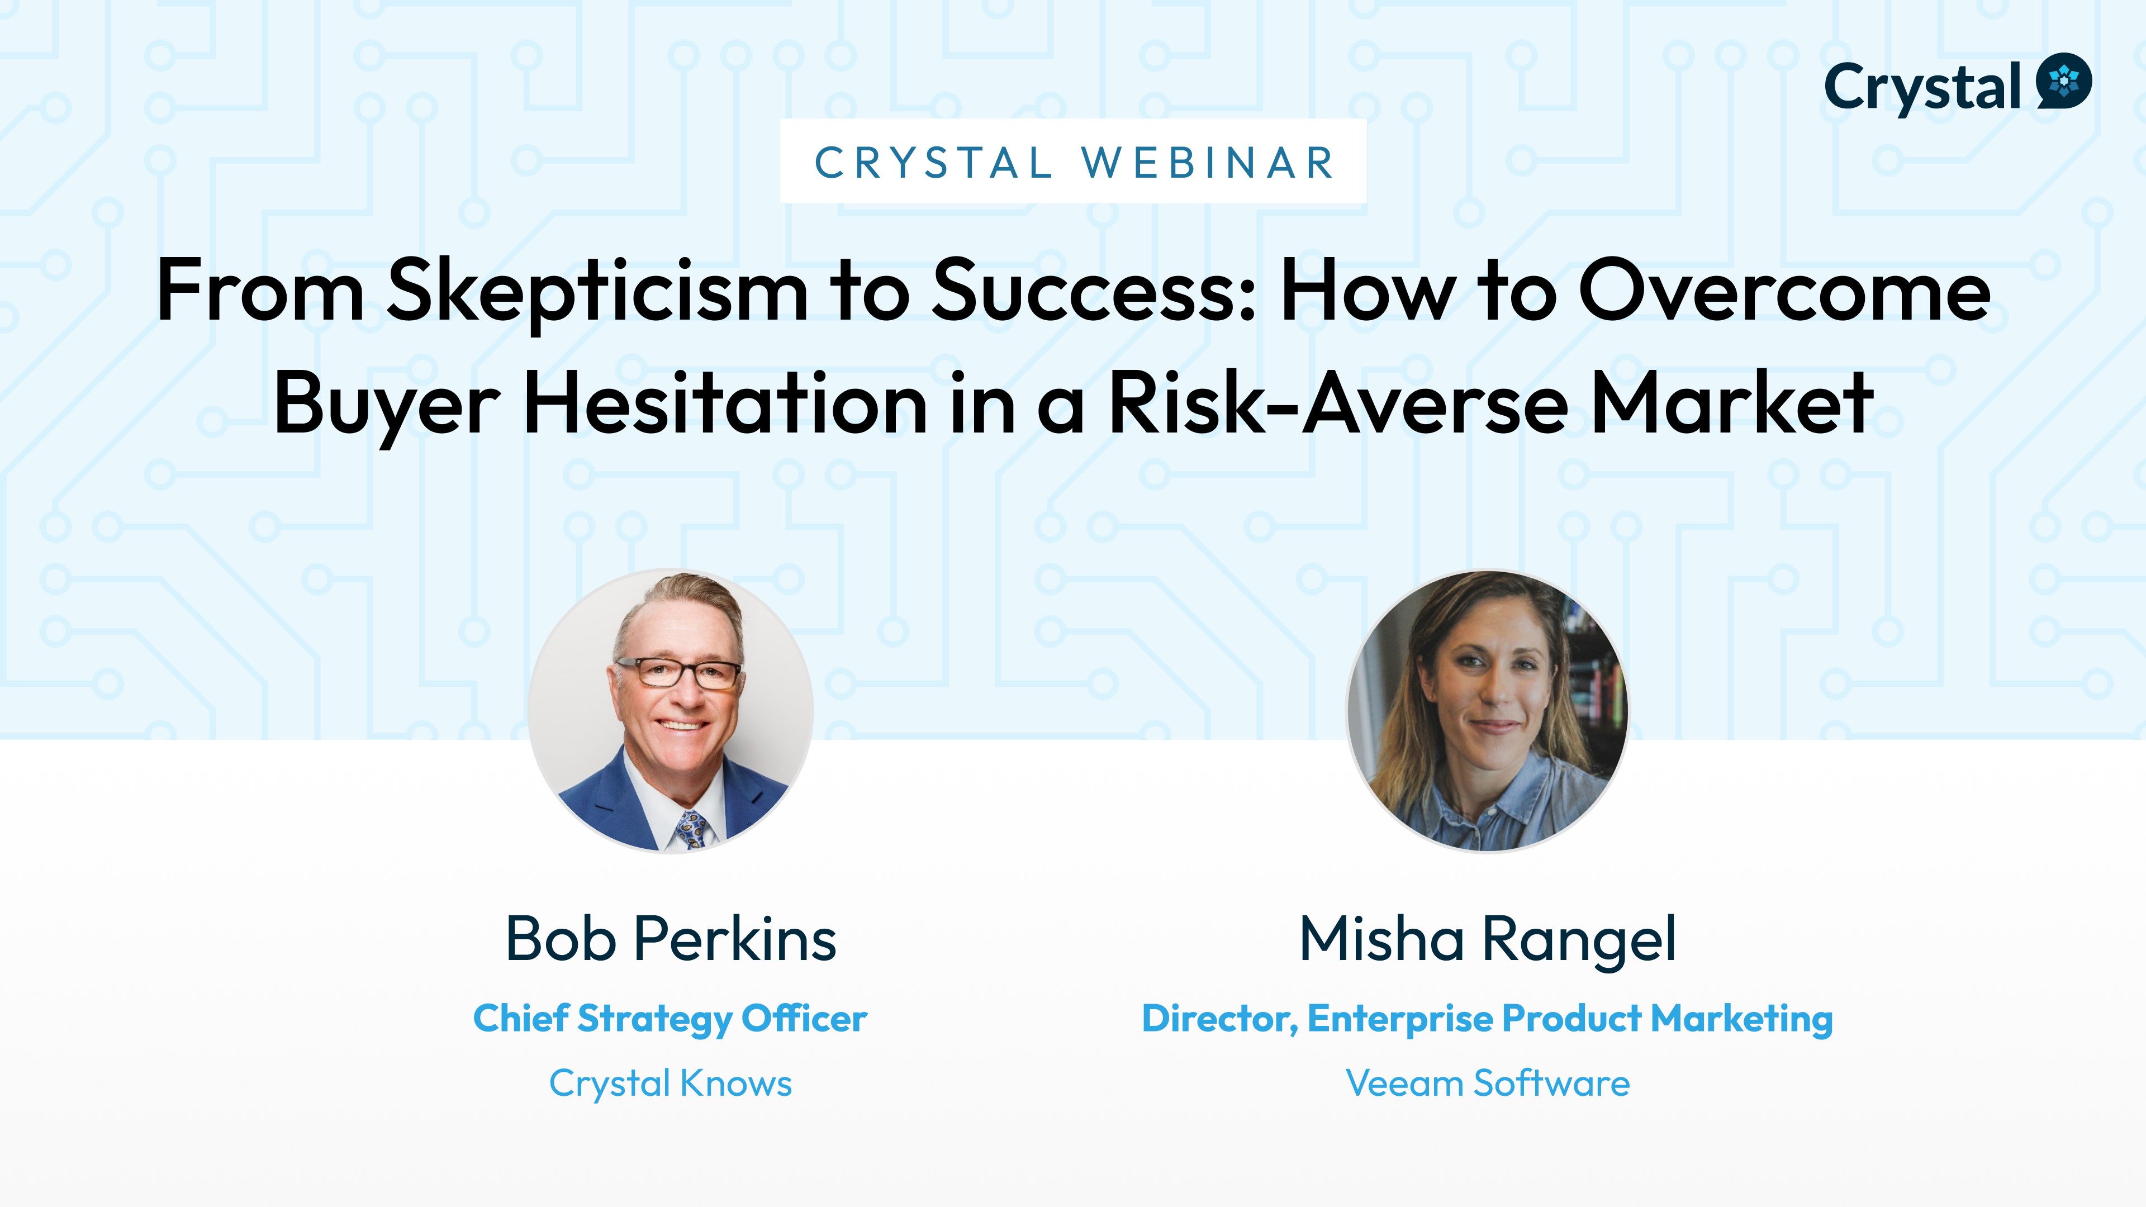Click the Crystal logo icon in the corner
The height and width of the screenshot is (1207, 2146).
(2063, 82)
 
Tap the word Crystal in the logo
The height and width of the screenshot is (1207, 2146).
(1922, 88)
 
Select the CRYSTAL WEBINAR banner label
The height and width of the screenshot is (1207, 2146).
(1073, 161)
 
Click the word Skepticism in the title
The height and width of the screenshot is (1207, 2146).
(597, 292)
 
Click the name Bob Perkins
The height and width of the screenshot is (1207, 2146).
(671, 939)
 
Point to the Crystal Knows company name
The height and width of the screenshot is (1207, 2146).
(671, 1084)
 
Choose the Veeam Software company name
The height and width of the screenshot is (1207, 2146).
(1488, 1083)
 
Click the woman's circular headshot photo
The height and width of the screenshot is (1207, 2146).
(1488, 711)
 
